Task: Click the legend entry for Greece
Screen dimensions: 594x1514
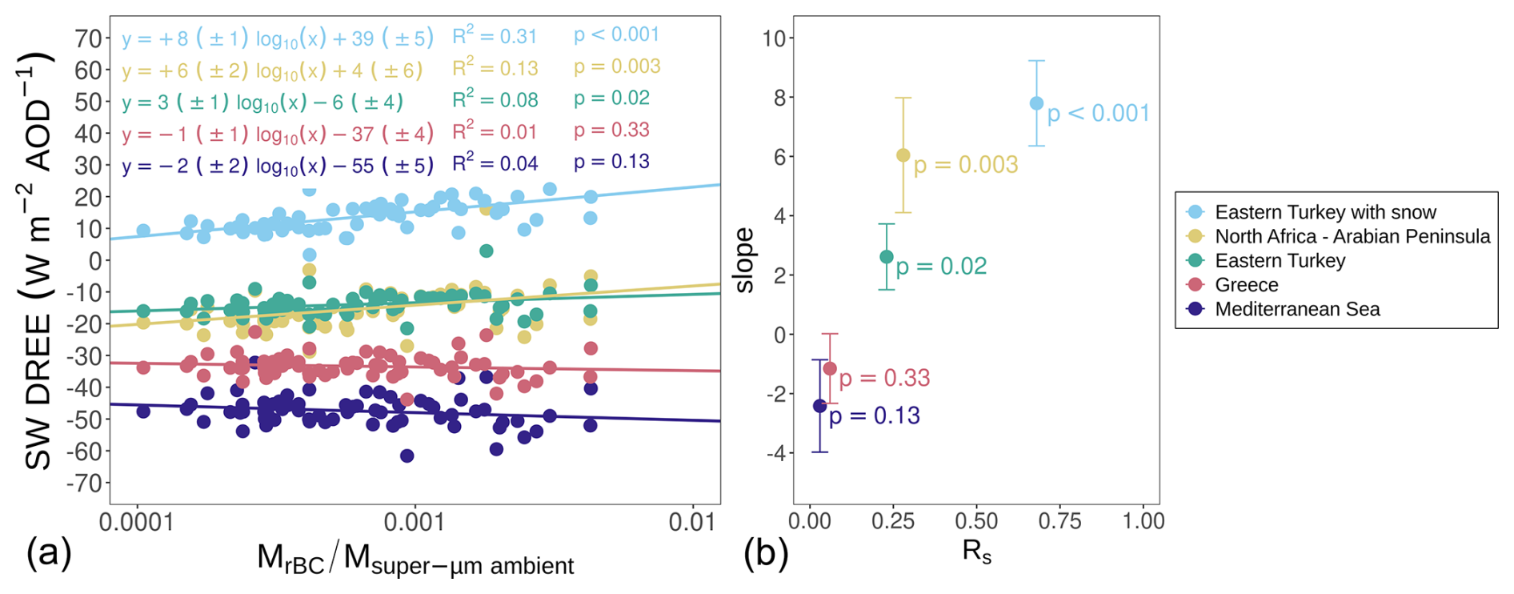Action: point(1246,285)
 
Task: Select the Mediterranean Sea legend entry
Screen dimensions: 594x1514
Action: point(1296,309)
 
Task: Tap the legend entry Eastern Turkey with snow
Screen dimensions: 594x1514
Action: point(1324,212)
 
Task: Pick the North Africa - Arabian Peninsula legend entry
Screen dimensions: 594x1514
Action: point(1352,236)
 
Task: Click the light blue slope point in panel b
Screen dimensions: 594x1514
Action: point(1036,103)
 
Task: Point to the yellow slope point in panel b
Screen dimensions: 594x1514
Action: point(903,155)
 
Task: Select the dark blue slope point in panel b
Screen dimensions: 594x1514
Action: point(819,406)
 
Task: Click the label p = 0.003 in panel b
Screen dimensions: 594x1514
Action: point(966,165)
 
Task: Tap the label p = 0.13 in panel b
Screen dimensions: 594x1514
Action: point(875,416)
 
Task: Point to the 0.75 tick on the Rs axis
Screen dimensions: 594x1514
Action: point(1059,522)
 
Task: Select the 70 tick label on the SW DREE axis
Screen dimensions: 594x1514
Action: point(88,38)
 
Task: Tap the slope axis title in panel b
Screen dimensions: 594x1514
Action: point(744,260)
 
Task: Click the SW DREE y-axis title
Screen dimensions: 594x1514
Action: point(37,260)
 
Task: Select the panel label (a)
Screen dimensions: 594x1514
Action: point(49,553)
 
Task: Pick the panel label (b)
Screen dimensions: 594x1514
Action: point(766,553)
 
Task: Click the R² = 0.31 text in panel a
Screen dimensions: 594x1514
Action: point(495,36)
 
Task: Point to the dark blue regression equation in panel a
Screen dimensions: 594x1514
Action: point(277,166)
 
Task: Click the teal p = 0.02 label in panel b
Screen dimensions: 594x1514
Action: point(941,267)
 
